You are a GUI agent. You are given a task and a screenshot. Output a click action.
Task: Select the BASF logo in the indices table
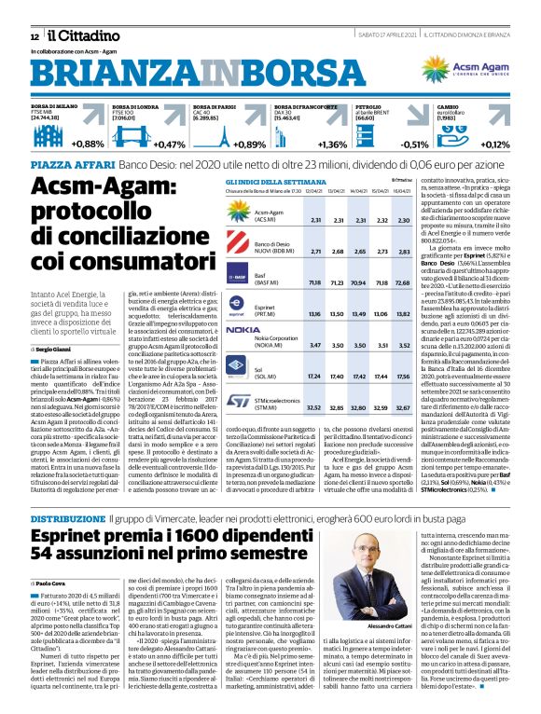239,277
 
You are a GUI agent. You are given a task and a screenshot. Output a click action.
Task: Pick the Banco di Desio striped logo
239,247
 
